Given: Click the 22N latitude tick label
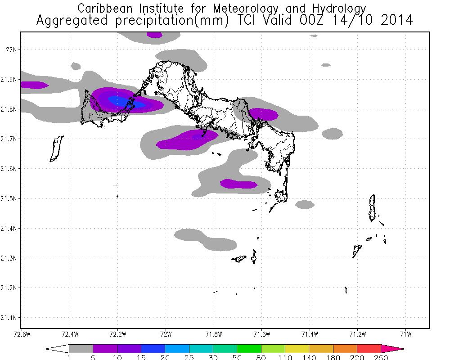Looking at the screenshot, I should [11, 50].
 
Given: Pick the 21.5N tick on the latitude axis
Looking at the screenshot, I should [9, 198].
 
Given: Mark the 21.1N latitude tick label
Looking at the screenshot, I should [9, 318].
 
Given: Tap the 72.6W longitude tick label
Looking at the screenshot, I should [22, 334].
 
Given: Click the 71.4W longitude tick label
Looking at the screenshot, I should [310, 334].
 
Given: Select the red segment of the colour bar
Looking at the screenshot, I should [369, 348].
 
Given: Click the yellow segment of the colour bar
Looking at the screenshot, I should [297, 348].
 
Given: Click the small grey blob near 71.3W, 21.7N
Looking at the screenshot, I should [333, 134].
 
